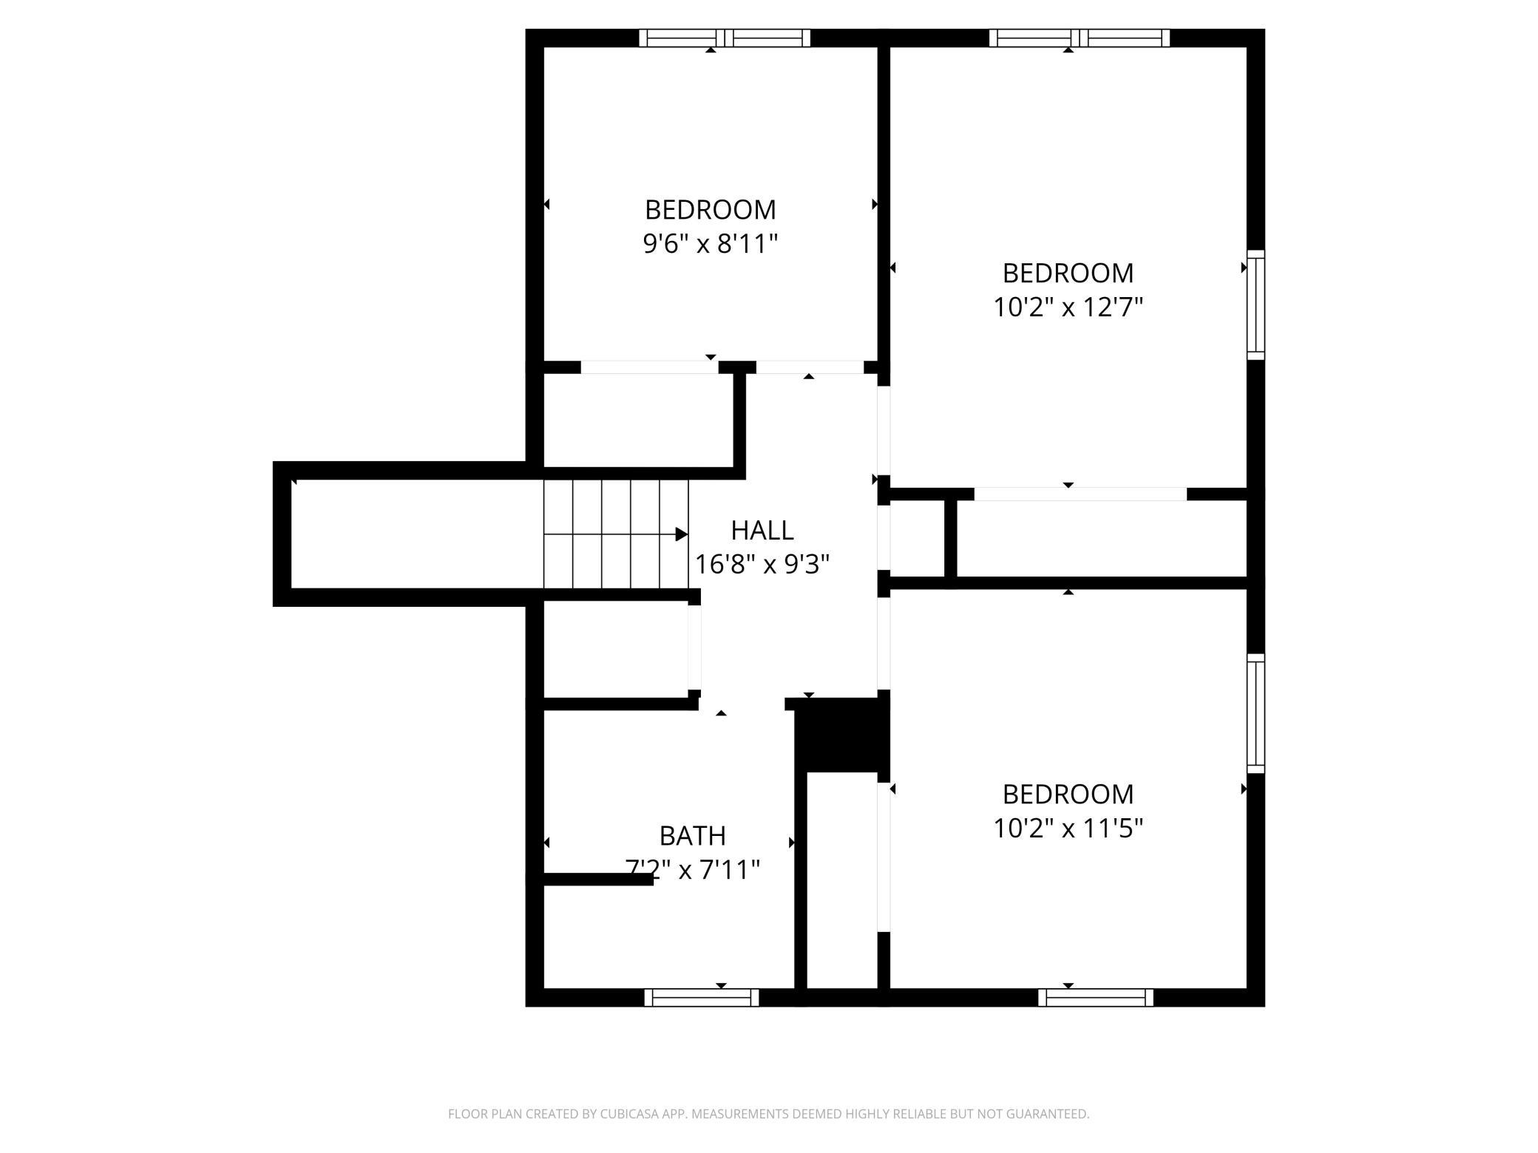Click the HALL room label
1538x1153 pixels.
[762, 531]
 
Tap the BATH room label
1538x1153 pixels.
[693, 836]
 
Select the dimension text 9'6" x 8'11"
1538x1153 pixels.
[711, 243]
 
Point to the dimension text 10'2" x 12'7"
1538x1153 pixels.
[1068, 307]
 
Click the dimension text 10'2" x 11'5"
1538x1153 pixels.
[1068, 828]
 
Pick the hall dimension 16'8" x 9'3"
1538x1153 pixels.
[762, 565]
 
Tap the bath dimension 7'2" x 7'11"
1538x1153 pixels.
[693, 869]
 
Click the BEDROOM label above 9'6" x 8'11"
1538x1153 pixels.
[711, 210]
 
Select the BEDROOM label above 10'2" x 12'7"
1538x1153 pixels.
[1068, 273]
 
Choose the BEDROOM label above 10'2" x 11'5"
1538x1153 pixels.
[1068, 795]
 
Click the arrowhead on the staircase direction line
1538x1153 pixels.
[682, 534]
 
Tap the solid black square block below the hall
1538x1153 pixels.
[841, 735]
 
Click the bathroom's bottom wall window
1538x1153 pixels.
[702, 997]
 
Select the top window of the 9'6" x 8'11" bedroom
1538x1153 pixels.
[725, 38]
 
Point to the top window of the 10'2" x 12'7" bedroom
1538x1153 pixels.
[1080, 38]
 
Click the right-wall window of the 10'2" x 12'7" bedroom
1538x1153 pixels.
[1256, 305]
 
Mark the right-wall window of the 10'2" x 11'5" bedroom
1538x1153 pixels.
[1256, 713]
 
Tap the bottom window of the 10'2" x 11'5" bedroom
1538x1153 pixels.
[1096, 997]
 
